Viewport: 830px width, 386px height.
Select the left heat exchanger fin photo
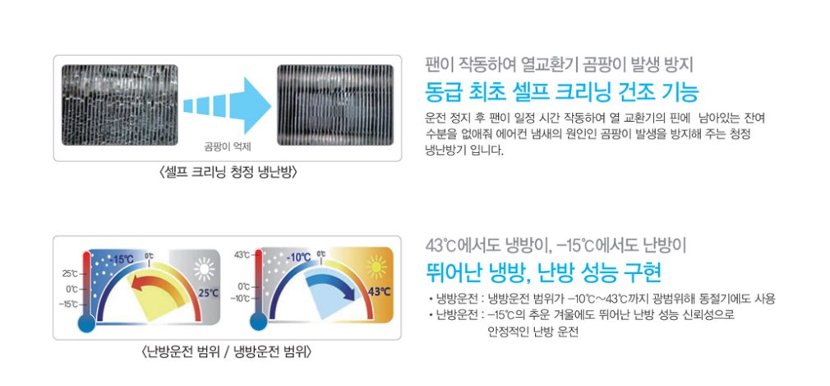tap(120, 105)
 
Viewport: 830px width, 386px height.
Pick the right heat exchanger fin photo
tap(335, 105)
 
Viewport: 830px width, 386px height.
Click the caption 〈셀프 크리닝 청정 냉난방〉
tap(228, 172)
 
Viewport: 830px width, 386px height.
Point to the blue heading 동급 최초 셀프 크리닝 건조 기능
tap(562, 92)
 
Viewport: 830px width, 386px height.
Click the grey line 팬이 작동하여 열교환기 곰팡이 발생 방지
tap(560, 65)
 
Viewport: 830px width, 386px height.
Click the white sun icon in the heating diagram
tap(205, 269)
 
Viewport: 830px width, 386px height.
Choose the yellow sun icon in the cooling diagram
tap(376, 267)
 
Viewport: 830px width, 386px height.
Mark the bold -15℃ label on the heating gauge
tap(122, 260)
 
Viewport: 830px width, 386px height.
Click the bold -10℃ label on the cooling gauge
tap(298, 258)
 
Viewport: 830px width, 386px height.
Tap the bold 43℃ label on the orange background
tap(380, 292)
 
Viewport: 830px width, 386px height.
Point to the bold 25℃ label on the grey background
tap(209, 293)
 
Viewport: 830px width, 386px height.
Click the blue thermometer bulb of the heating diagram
tap(86, 323)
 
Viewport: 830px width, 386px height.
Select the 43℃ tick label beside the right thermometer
tap(242, 255)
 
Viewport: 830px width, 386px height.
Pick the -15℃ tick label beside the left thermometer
tap(70, 305)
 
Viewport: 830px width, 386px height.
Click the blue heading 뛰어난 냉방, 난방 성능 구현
tap(544, 273)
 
